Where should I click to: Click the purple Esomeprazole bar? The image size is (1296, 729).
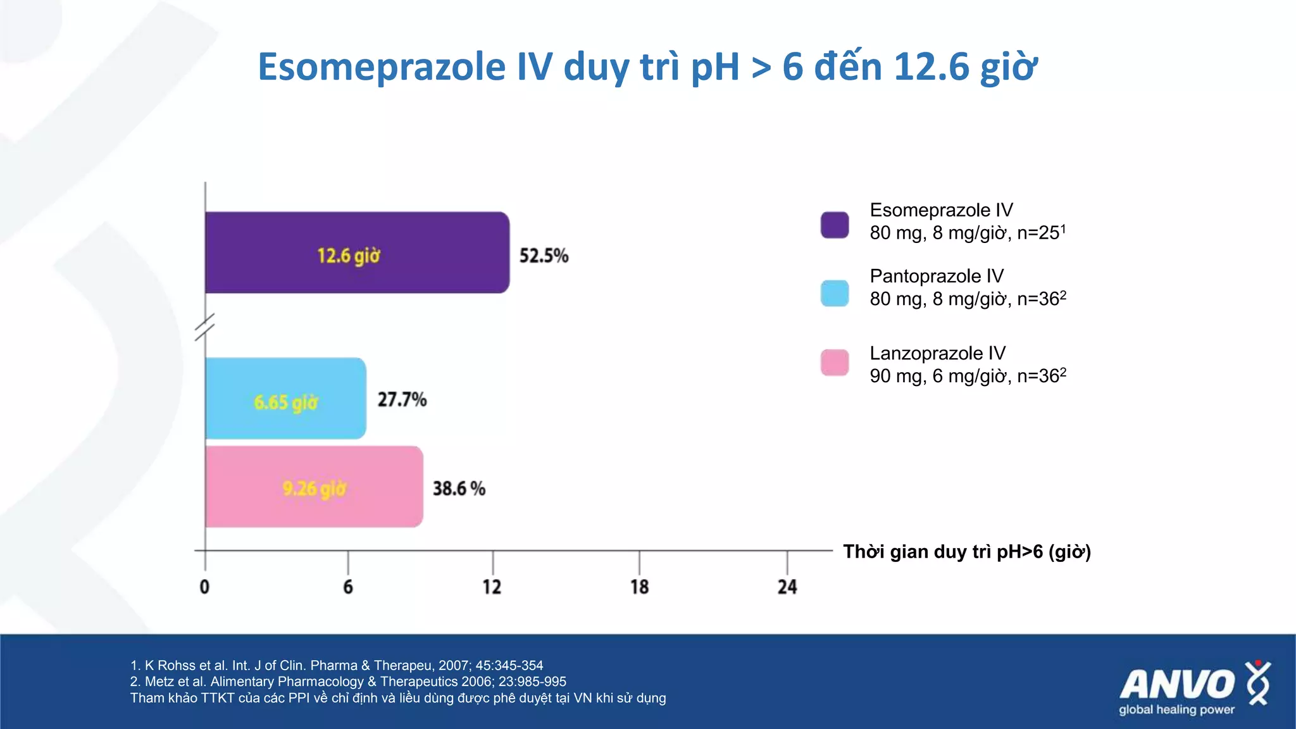pos(357,252)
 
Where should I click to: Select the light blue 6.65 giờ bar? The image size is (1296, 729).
pos(285,399)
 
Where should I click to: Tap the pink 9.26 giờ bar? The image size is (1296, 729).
pos(314,487)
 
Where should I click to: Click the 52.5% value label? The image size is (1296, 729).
pos(544,256)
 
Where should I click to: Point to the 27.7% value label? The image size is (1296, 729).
pos(402,399)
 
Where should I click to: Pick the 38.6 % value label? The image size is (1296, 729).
pos(459,489)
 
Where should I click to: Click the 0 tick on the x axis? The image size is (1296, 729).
pos(204,587)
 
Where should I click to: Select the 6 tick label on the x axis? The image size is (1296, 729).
pos(348,587)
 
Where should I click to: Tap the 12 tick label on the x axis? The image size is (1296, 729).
pos(492,587)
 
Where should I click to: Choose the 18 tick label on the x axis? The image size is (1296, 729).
pos(639,587)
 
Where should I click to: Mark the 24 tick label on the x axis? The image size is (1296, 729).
pos(787,587)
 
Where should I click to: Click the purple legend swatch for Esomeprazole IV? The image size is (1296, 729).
pos(834,225)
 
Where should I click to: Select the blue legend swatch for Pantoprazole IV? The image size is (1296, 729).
pos(834,294)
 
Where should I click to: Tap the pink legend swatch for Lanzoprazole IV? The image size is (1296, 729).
pos(834,363)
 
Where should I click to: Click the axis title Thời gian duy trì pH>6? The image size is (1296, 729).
pos(966,552)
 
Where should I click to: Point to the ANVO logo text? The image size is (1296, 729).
pos(1176,685)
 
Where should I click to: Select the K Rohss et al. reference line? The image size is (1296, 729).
pos(336,665)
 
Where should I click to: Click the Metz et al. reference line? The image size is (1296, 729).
pos(347,682)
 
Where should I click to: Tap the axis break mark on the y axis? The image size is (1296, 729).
pos(204,327)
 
